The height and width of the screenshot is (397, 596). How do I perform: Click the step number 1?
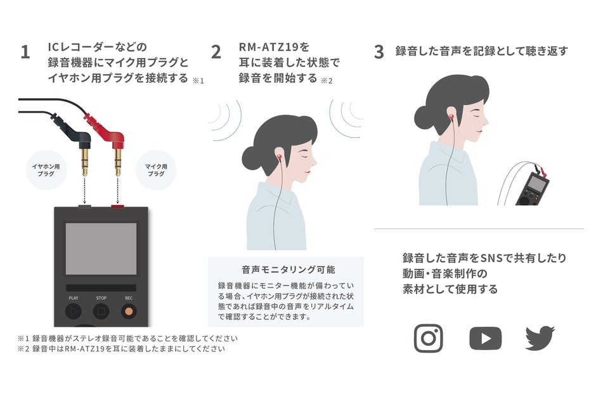pyautogui.click(x=25, y=53)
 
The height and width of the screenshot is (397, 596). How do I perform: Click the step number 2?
pyautogui.click(x=216, y=53)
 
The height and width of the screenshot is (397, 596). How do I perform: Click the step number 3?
pyautogui.click(x=379, y=53)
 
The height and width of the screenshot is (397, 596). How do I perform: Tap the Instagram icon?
pyautogui.click(x=428, y=338)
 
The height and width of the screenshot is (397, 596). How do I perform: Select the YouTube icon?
pyautogui.click(x=485, y=338)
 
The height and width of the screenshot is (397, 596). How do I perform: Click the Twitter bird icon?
pyautogui.click(x=540, y=338)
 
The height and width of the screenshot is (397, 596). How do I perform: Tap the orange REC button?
pyautogui.click(x=129, y=311)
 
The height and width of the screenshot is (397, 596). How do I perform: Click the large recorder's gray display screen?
pyautogui.click(x=101, y=248)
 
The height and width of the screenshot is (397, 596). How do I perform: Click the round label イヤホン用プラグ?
pyautogui.click(x=46, y=170)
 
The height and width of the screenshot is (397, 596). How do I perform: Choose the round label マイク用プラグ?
pyautogui.click(x=156, y=170)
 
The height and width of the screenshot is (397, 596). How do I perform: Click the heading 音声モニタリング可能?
pyautogui.click(x=285, y=268)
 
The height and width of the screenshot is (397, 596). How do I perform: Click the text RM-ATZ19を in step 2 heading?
pyautogui.click(x=274, y=47)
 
